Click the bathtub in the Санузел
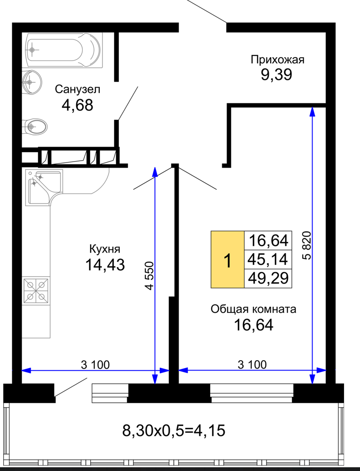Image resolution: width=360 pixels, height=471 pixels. coord(64,50)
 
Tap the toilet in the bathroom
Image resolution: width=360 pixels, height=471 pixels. coord(35,126)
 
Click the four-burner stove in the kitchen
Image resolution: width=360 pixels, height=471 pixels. coord(36,291)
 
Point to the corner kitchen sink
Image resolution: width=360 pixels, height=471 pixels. coord(44,187)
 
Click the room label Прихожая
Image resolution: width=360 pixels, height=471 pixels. coord(277,60)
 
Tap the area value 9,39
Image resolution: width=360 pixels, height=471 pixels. coord(276,75)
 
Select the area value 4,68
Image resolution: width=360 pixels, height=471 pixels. coord(77,105)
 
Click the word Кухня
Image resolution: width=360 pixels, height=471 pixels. coord(105,249)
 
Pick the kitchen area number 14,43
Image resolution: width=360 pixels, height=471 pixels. coord(105,265)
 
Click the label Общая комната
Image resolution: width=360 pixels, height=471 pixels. coord(253,309)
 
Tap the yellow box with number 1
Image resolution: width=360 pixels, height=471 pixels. coord(227,260)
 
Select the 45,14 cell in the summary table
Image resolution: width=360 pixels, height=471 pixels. coord(268,259)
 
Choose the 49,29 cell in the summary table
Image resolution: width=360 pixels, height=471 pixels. coord(268,278)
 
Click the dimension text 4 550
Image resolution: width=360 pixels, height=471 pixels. coord(149,276)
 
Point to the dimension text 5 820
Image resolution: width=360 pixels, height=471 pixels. coord(306,245)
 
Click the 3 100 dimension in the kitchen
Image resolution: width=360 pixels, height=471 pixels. coord(95,365)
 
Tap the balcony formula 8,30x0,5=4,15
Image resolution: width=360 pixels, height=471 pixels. coord(174,431)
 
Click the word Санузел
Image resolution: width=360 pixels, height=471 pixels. coord(78,89)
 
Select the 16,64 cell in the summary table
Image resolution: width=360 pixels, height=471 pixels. coord(268,240)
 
